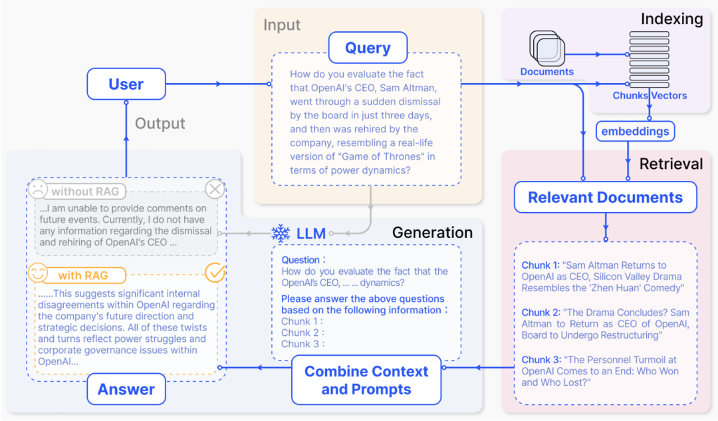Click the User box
pyautogui.click(x=126, y=84)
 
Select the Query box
pyautogui.click(x=367, y=48)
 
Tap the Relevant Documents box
pyautogui.click(x=605, y=198)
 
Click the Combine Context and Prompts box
pyautogui.click(x=366, y=380)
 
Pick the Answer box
pyautogui.click(x=126, y=390)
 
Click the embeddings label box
pyautogui.click(x=635, y=131)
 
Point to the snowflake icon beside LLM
pyautogui.click(x=281, y=233)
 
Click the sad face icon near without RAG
pyautogui.click(x=39, y=191)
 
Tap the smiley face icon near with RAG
pyautogui.click(x=39, y=273)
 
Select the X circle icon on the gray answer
pyautogui.click(x=215, y=190)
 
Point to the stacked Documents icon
pyautogui.click(x=546, y=48)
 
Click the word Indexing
pyautogui.click(x=671, y=19)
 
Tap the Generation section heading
pyautogui.click(x=432, y=232)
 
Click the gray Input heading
pyautogui.click(x=282, y=25)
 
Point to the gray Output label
pyautogui.click(x=160, y=124)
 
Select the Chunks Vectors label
pyautogui.click(x=650, y=95)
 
